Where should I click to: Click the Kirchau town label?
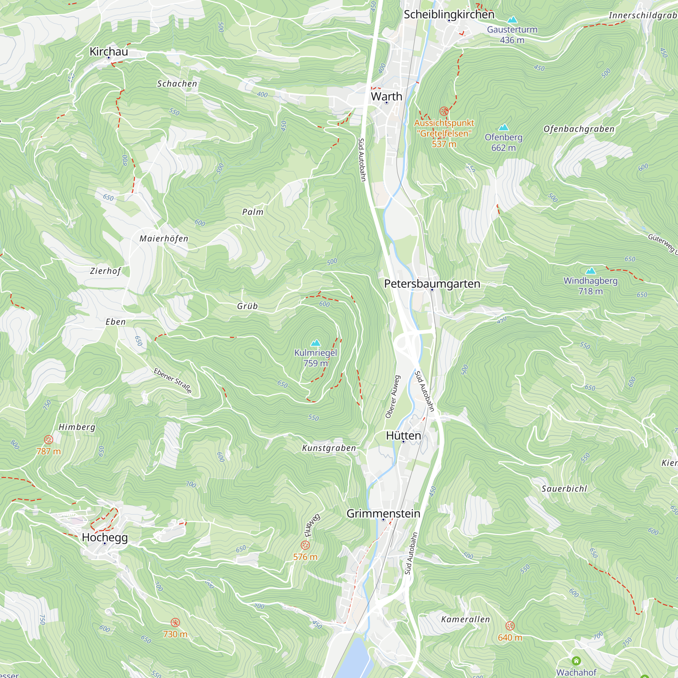108,52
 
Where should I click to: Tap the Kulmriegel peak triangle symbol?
316,342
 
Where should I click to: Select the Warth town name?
386,96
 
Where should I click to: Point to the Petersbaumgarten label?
432,283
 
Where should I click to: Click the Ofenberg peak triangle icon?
504,127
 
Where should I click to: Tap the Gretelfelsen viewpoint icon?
444,111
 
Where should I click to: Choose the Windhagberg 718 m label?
590,286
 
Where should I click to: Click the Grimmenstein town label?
383,513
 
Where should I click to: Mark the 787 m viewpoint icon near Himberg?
48,439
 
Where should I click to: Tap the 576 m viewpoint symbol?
305,545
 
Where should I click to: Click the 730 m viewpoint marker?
175,622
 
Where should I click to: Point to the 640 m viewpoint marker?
510,626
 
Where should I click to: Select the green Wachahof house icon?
576,661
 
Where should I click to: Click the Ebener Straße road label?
173,381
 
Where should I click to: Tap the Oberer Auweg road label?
392,397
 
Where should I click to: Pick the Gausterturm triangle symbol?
512,20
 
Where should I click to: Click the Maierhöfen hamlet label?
164,239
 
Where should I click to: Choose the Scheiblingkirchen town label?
449,14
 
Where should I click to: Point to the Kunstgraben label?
329,448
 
